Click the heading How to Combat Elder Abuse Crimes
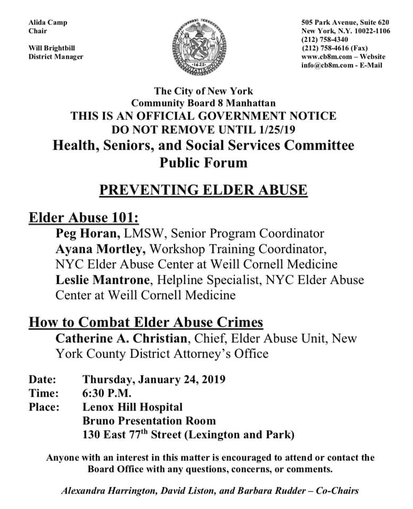coord(146,322)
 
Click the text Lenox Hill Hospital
coord(133,408)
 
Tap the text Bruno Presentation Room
coord(149,422)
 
